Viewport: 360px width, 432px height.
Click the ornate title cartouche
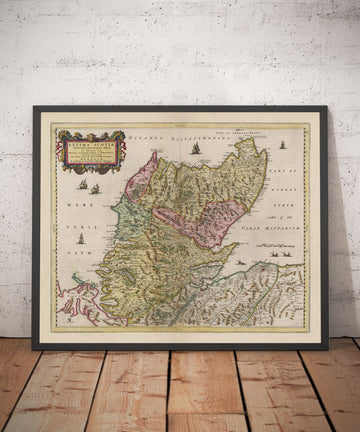pos(91,151)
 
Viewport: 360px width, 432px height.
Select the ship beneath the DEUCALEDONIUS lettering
pos(196,150)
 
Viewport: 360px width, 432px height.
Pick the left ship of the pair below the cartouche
pos(83,184)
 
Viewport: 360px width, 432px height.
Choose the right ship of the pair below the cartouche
pos(96,188)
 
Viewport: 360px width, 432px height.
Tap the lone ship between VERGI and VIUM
pos(81,238)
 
